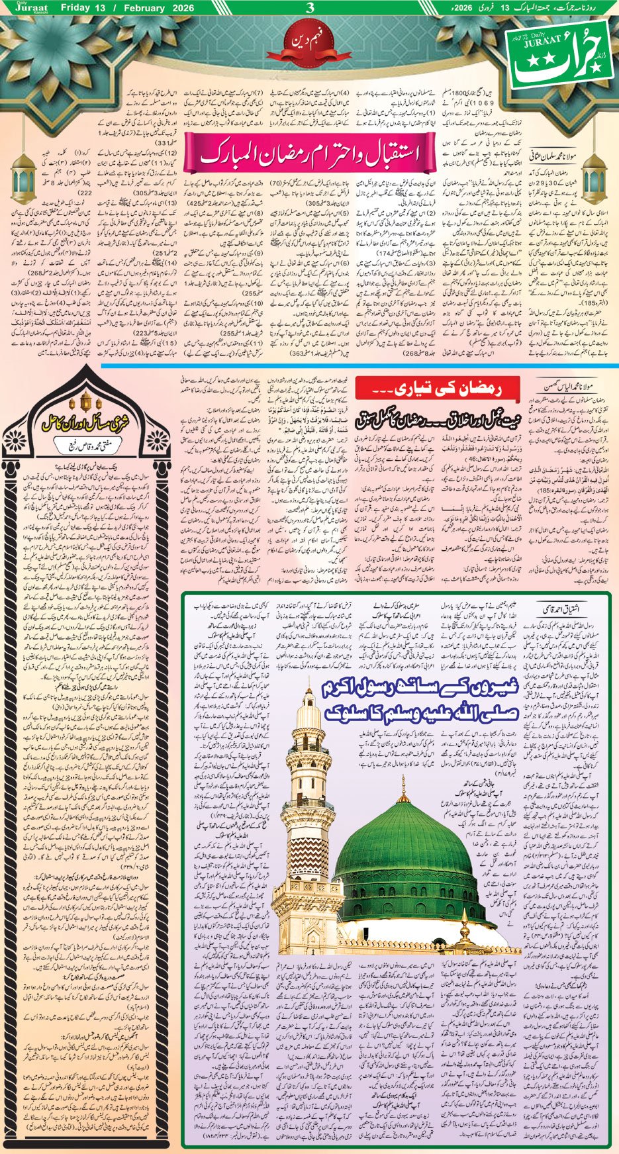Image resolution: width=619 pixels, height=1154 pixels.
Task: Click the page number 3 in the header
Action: coord(310,9)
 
